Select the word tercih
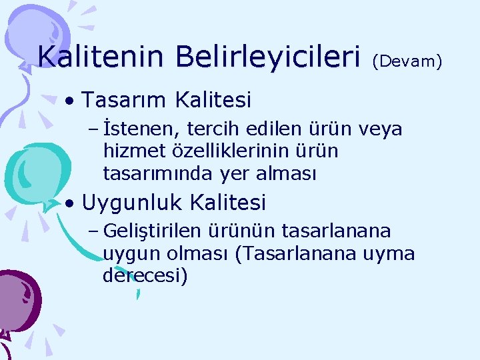coord(213,129)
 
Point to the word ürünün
coord(247,231)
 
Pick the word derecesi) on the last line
coord(145,276)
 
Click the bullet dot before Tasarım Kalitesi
coord(70,101)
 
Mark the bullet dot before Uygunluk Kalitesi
coord(70,202)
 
